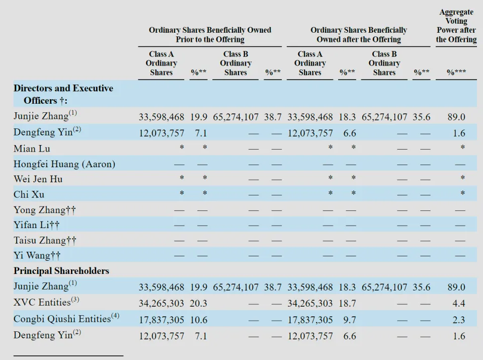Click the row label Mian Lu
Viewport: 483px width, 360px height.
[x=32, y=149]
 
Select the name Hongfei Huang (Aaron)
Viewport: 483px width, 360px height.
[x=64, y=164]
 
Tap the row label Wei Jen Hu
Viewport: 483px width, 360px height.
[x=38, y=179]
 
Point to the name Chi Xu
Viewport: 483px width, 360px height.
[x=29, y=194]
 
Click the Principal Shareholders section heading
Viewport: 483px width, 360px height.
[x=61, y=271]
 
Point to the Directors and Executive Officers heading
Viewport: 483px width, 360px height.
[x=63, y=94]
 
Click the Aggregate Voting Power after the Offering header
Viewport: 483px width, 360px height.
[x=456, y=26]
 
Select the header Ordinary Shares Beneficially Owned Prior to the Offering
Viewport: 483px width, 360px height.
[x=210, y=35]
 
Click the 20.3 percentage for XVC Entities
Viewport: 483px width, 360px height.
[x=198, y=304]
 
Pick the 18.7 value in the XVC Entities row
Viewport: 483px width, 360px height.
[x=347, y=304]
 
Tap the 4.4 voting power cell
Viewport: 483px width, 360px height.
[x=459, y=304]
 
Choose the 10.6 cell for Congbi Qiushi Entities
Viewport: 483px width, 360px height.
[x=199, y=320]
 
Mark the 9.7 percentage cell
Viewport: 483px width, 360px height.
[x=350, y=320]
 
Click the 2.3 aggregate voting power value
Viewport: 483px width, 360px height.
[x=459, y=320]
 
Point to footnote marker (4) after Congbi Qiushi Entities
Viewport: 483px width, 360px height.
[x=115, y=316]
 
